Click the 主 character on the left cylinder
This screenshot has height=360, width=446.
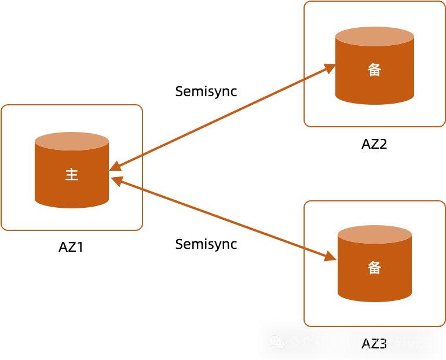tap(72, 175)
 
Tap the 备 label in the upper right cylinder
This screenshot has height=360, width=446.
tap(375, 70)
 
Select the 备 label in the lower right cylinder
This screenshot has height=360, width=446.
tap(375, 268)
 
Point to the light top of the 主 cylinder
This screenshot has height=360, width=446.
tap(72, 141)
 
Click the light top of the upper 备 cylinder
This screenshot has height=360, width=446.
tap(375, 36)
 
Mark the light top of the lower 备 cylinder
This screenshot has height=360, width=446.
tap(375, 234)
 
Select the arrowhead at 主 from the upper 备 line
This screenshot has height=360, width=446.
tap(115, 167)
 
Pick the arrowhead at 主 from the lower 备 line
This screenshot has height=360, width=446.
tap(116, 181)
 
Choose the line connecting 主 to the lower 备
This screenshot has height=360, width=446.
tap(223, 219)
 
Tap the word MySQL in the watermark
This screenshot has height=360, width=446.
tap(358, 343)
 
